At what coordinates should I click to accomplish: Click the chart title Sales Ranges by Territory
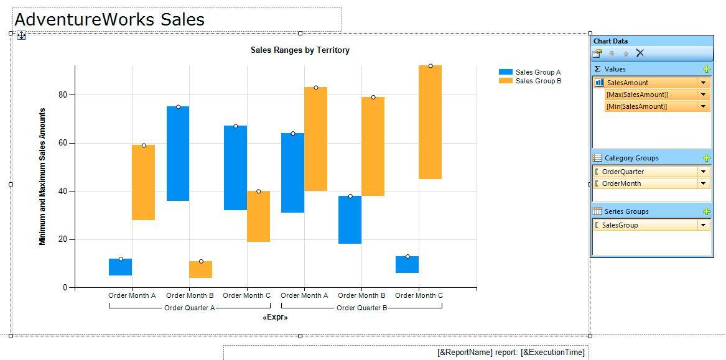click(300, 50)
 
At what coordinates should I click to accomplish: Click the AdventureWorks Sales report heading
click(109, 20)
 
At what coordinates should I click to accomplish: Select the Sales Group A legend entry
click(538, 72)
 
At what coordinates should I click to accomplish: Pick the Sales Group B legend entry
click(538, 81)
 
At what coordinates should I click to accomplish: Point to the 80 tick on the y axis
click(63, 95)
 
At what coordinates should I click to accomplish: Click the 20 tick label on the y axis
click(63, 239)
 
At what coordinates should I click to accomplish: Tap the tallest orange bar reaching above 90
click(430, 122)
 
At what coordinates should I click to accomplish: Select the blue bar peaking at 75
click(178, 154)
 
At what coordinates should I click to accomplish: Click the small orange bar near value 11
click(201, 269)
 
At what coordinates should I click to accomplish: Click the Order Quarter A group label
click(189, 308)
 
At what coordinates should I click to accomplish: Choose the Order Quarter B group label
click(361, 308)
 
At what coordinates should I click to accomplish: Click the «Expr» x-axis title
click(275, 318)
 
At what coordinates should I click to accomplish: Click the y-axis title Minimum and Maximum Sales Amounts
click(42, 177)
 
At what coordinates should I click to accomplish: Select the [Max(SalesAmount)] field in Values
click(637, 95)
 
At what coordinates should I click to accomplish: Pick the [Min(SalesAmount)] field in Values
click(636, 106)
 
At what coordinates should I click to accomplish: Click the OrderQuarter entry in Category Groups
click(623, 172)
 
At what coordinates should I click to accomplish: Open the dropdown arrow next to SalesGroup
click(704, 225)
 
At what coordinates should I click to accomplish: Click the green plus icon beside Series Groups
click(706, 211)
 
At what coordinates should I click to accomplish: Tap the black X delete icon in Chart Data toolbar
click(640, 53)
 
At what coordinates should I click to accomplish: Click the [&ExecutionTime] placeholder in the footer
click(552, 353)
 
